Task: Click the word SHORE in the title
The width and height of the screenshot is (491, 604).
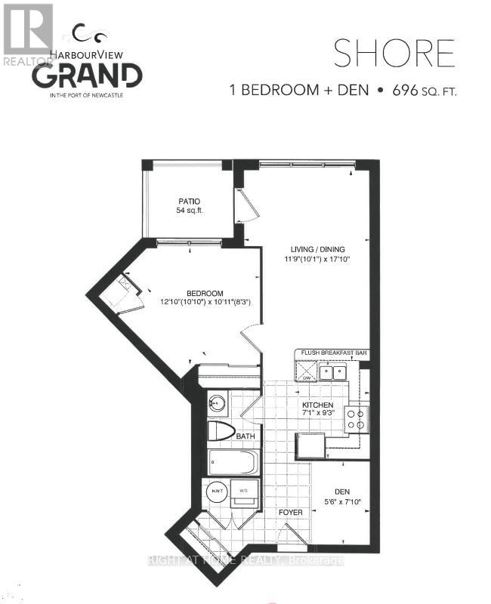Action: click(x=394, y=54)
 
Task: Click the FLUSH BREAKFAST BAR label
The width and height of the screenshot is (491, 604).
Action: click(x=334, y=353)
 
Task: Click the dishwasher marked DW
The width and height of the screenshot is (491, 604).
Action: click(x=306, y=371)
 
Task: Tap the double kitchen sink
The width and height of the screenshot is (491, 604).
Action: click(x=332, y=371)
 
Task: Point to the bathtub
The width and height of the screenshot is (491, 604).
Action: click(x=233, y=461)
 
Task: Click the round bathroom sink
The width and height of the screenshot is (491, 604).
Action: click(x=218, y=402)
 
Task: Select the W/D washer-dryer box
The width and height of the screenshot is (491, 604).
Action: click(x=243, y=492)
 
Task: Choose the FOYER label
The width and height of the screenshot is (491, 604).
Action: click(x=291, y=513)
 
